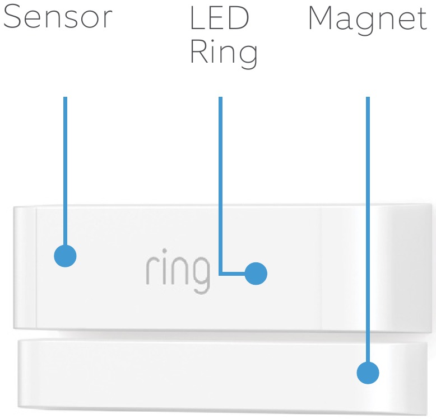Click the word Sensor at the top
58,18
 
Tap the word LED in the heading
219,18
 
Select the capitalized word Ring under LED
223,55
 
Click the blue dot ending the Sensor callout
65,256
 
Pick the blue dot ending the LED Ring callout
256,274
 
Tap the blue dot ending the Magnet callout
368,373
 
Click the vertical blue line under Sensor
65,168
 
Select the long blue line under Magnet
368,224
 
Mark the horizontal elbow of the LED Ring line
233,274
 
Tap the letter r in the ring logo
150,271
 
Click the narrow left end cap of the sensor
25,267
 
